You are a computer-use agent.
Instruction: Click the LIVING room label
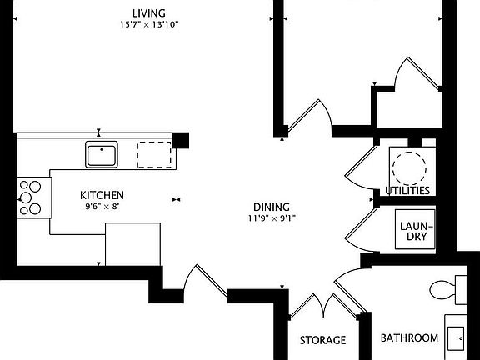click(148, 12)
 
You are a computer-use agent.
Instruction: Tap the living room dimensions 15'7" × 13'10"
click(148, 24)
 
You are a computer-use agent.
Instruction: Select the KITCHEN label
click(102, 195)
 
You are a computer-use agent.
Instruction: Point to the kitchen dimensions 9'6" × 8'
click(102, 206)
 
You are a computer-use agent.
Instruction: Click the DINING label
click(272, 207)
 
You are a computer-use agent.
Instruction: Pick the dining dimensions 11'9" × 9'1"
click(272, 218)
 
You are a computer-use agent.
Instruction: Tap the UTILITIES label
click(407, 191)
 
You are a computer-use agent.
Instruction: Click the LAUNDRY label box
click(414, 230)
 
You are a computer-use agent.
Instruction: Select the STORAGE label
click(322, 340)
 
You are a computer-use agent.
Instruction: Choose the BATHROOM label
click(409, 337)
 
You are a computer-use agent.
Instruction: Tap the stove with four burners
click(30, 198)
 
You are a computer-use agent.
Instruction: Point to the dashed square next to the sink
click(154, 154)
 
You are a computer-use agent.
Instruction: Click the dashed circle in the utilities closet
click(409, 166)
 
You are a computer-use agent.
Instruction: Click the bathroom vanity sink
click(457, 336)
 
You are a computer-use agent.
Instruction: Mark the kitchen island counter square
click(132, 244)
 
